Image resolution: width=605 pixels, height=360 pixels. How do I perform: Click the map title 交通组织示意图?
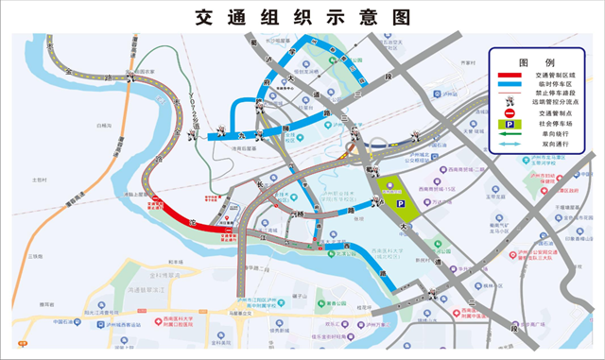pos(303,16)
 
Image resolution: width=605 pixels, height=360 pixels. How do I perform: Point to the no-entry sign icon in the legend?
pos(510,112)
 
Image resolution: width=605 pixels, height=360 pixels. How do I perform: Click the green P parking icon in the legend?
pos(510,124)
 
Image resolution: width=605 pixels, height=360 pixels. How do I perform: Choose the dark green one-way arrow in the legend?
pos(510,134)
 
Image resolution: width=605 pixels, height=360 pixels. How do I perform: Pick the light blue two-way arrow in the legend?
pos(510,145)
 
